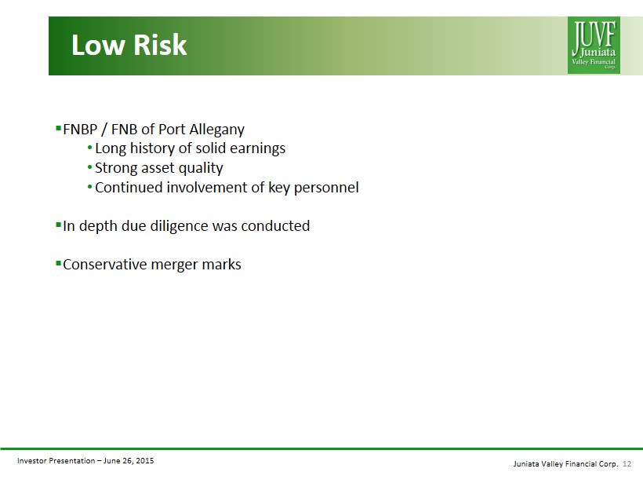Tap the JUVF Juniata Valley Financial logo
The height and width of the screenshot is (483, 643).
(x=594, y=46)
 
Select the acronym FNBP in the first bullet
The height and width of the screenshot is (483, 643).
(x=80, y=130)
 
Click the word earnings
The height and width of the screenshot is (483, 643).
(x=257, y=149)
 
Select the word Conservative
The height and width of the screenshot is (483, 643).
(x=104, y=265)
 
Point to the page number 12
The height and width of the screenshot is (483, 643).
(x=627, y=463)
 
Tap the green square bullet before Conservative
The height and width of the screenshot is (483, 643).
(x=58, y=262)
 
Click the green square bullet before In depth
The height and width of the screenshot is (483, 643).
(x=58, y=225)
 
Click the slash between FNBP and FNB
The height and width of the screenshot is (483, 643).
(x=104, y=130)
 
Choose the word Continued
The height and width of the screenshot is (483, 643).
(x=129, y=188)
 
